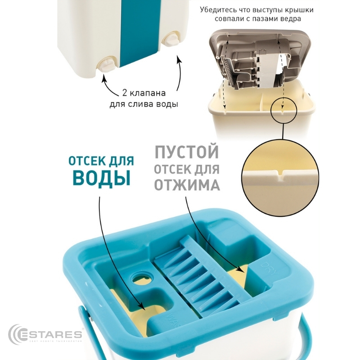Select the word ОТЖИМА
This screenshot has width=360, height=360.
click(x=187, y=185)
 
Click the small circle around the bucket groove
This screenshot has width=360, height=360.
click(x=283, y=109)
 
